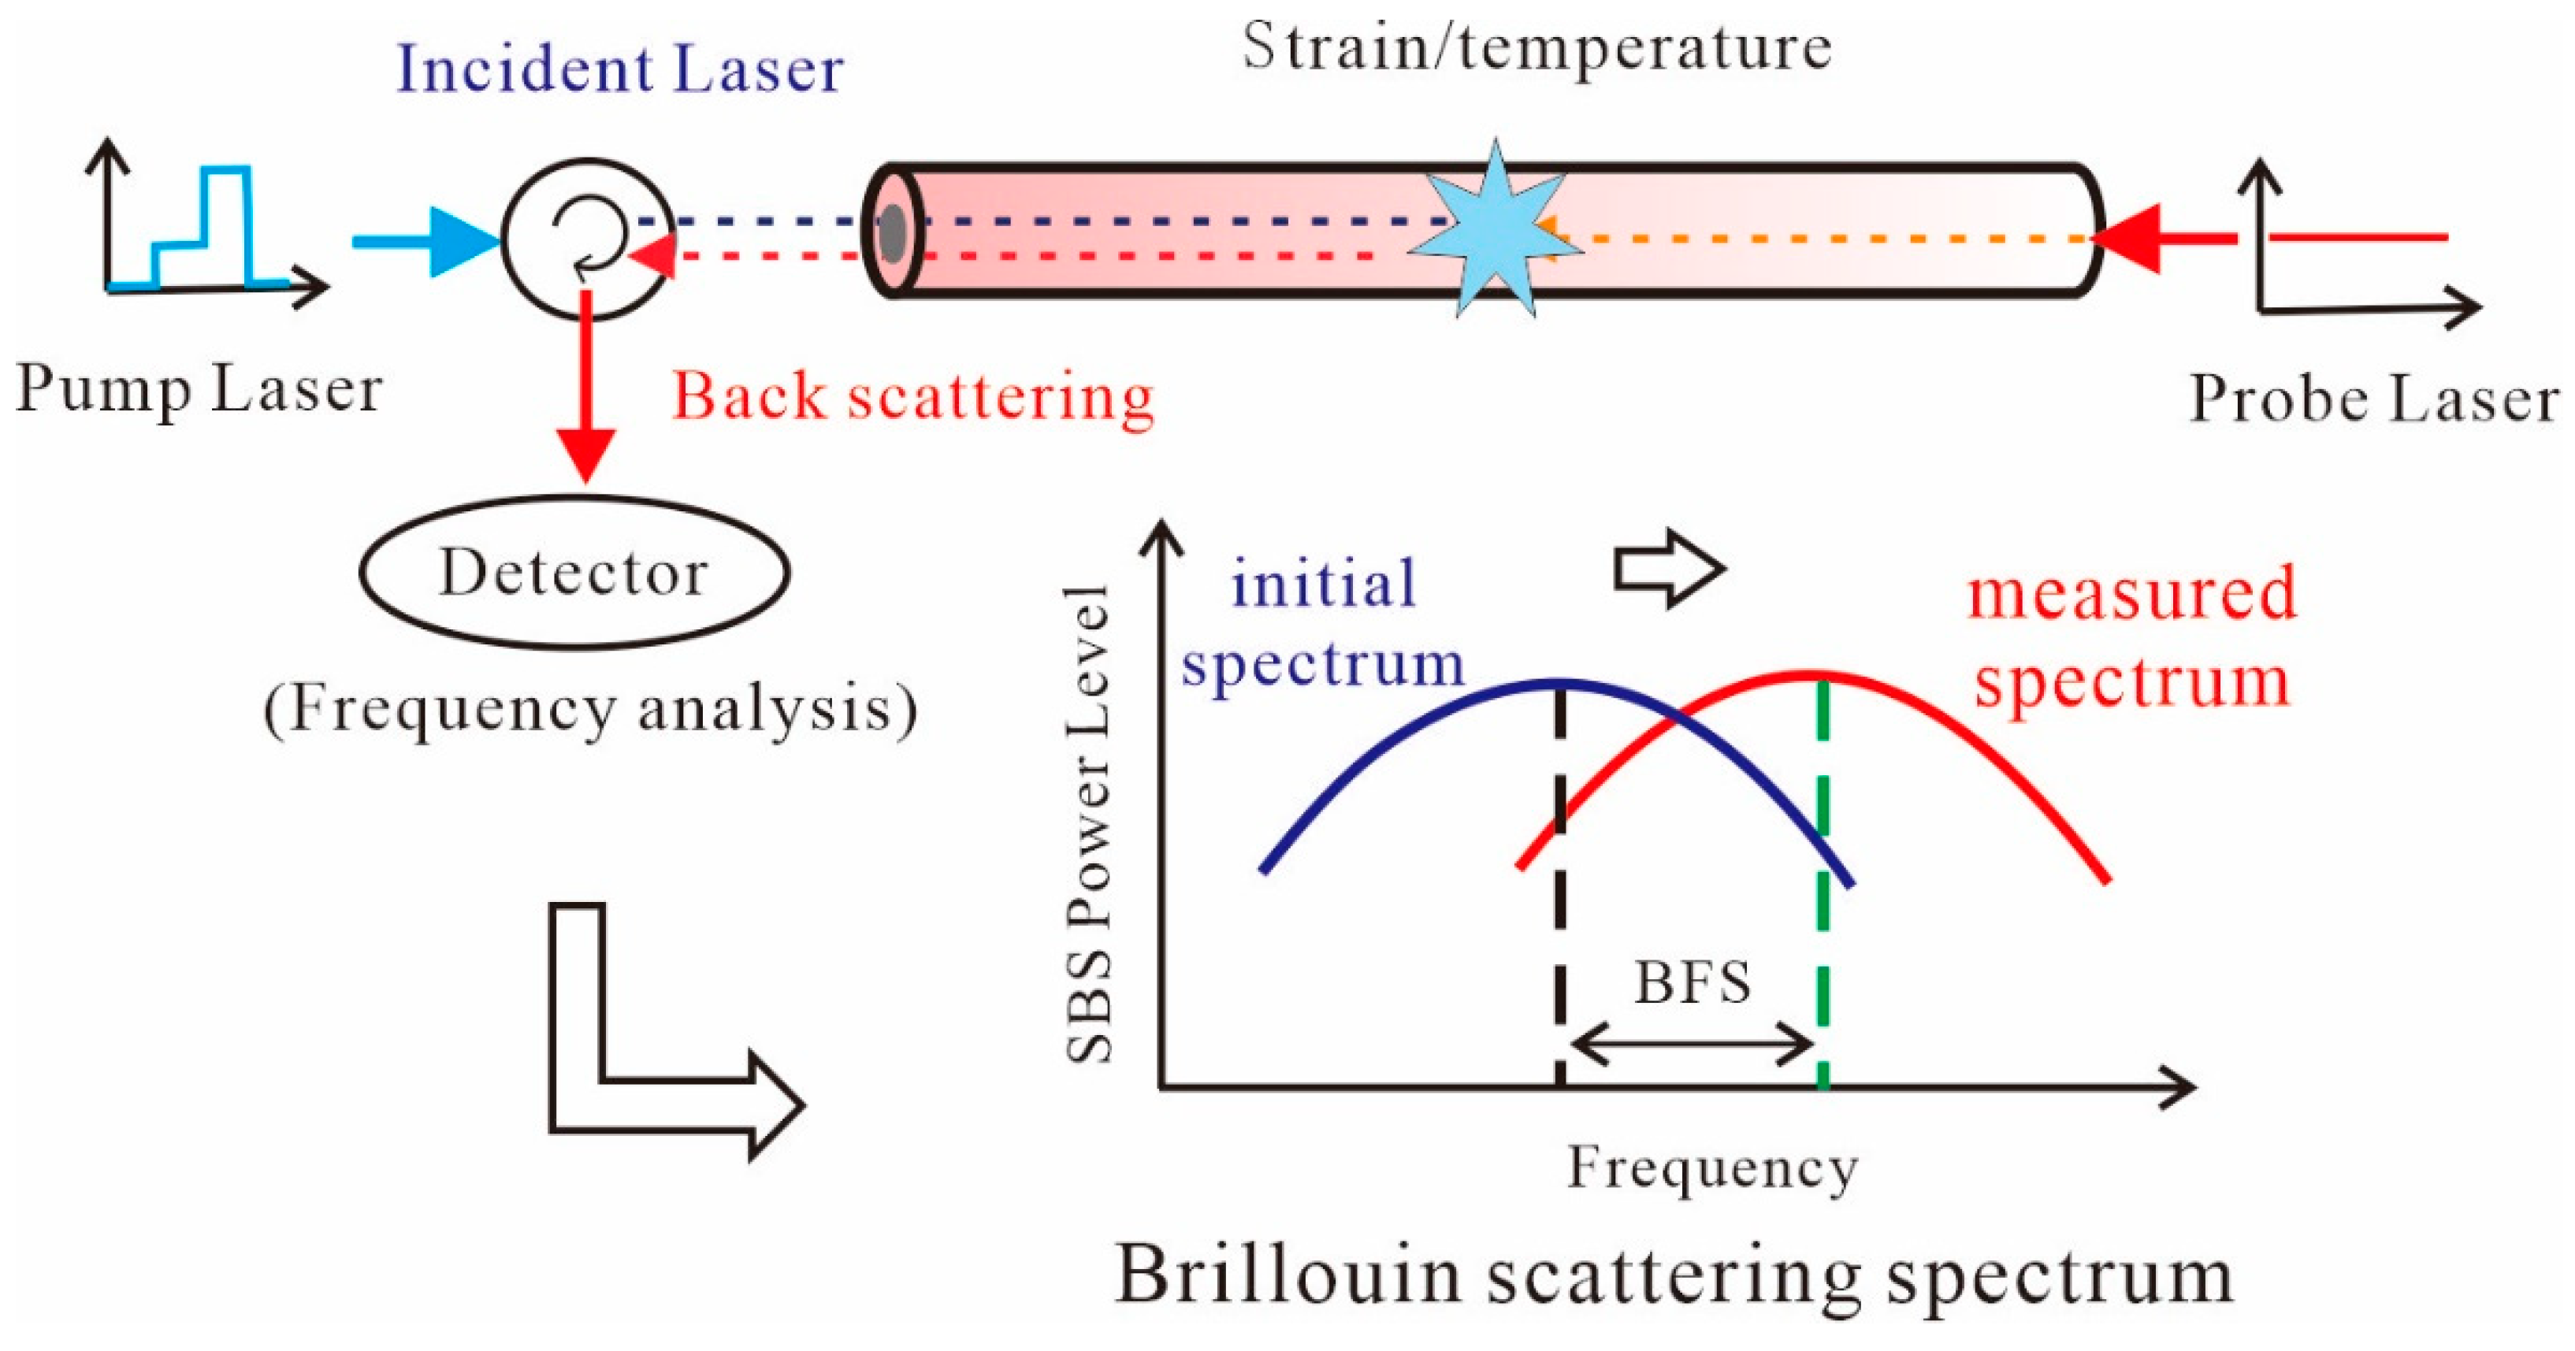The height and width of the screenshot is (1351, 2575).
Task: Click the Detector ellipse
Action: click(x=574, y=573)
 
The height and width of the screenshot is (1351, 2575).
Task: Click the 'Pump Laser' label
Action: click(x=198, y=388)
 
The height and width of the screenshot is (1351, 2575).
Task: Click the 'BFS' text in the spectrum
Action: click(x=1693, y=983)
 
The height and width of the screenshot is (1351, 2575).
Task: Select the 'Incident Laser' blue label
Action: click(x=620, y=70)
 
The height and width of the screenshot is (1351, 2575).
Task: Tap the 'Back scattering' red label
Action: click(x=912, y=398)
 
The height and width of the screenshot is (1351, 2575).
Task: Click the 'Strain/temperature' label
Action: click(x=1536, y=47)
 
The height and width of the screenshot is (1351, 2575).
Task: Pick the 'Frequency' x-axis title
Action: click(x=1711, y=1167)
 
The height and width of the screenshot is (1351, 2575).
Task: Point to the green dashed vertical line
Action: click(x=1823, y=900)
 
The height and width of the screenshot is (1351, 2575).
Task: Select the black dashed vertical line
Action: click(x=1559, y=900)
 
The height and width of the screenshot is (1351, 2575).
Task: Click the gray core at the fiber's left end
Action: click(x=892, y=233)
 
